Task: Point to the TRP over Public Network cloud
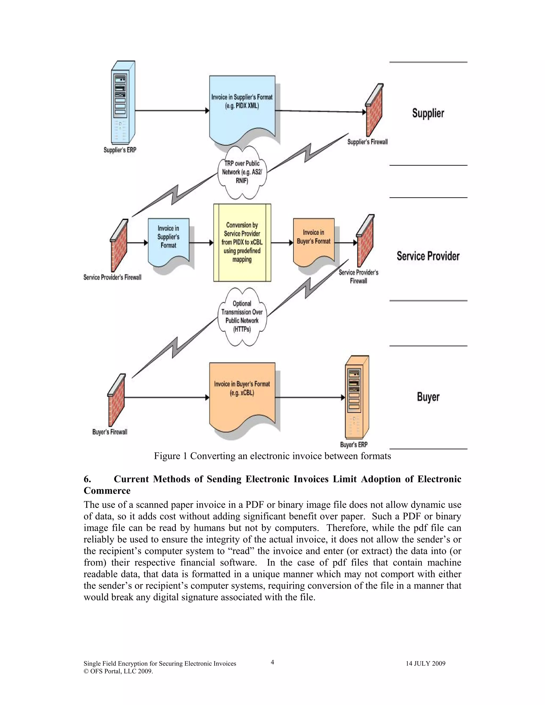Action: click(242, 172)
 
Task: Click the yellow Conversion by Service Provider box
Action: click(242, 242)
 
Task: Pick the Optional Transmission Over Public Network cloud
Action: click(242, 317)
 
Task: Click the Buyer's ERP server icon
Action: click(357, 397)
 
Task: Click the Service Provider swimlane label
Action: click(428, 256)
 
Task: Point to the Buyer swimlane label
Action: click(428, 397)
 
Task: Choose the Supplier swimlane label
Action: click(428, 113)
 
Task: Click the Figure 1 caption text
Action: click(272, 456)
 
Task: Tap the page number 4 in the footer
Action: click(272, 662)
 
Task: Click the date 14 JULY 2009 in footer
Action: click(425, 664)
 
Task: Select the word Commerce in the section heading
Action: click(107, 491)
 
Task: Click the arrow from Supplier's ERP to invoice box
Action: click(171, 111)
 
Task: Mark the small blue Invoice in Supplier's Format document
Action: click(168, 240)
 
